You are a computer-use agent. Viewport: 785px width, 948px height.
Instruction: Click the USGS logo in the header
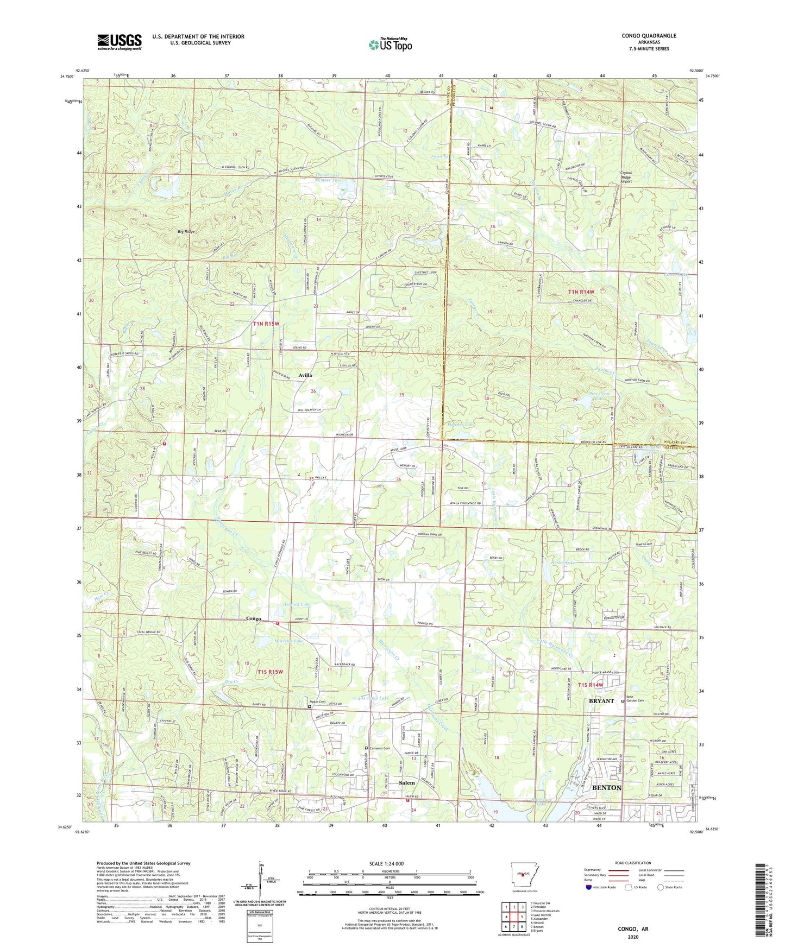120,42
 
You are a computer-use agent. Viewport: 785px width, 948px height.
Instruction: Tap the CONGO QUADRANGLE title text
649,36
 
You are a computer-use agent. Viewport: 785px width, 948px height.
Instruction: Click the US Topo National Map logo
390,44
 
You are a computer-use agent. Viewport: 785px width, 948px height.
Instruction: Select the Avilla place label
305,375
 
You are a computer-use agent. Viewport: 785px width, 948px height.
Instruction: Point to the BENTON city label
606,787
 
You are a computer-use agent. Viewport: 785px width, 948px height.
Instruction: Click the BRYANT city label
601,701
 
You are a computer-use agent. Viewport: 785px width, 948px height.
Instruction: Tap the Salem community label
406,783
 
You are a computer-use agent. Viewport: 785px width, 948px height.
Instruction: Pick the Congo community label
254,618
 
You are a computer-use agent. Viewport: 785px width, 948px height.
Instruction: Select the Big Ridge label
186,232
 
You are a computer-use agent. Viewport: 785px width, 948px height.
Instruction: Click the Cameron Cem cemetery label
379,748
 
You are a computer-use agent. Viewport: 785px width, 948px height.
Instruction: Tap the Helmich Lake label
297,604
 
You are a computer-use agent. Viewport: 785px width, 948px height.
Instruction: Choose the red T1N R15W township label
266,324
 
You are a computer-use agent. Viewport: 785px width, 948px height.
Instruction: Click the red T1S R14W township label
591,685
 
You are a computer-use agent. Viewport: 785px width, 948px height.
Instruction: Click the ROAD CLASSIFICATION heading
633,863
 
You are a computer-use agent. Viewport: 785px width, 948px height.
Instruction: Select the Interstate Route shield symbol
589,888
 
